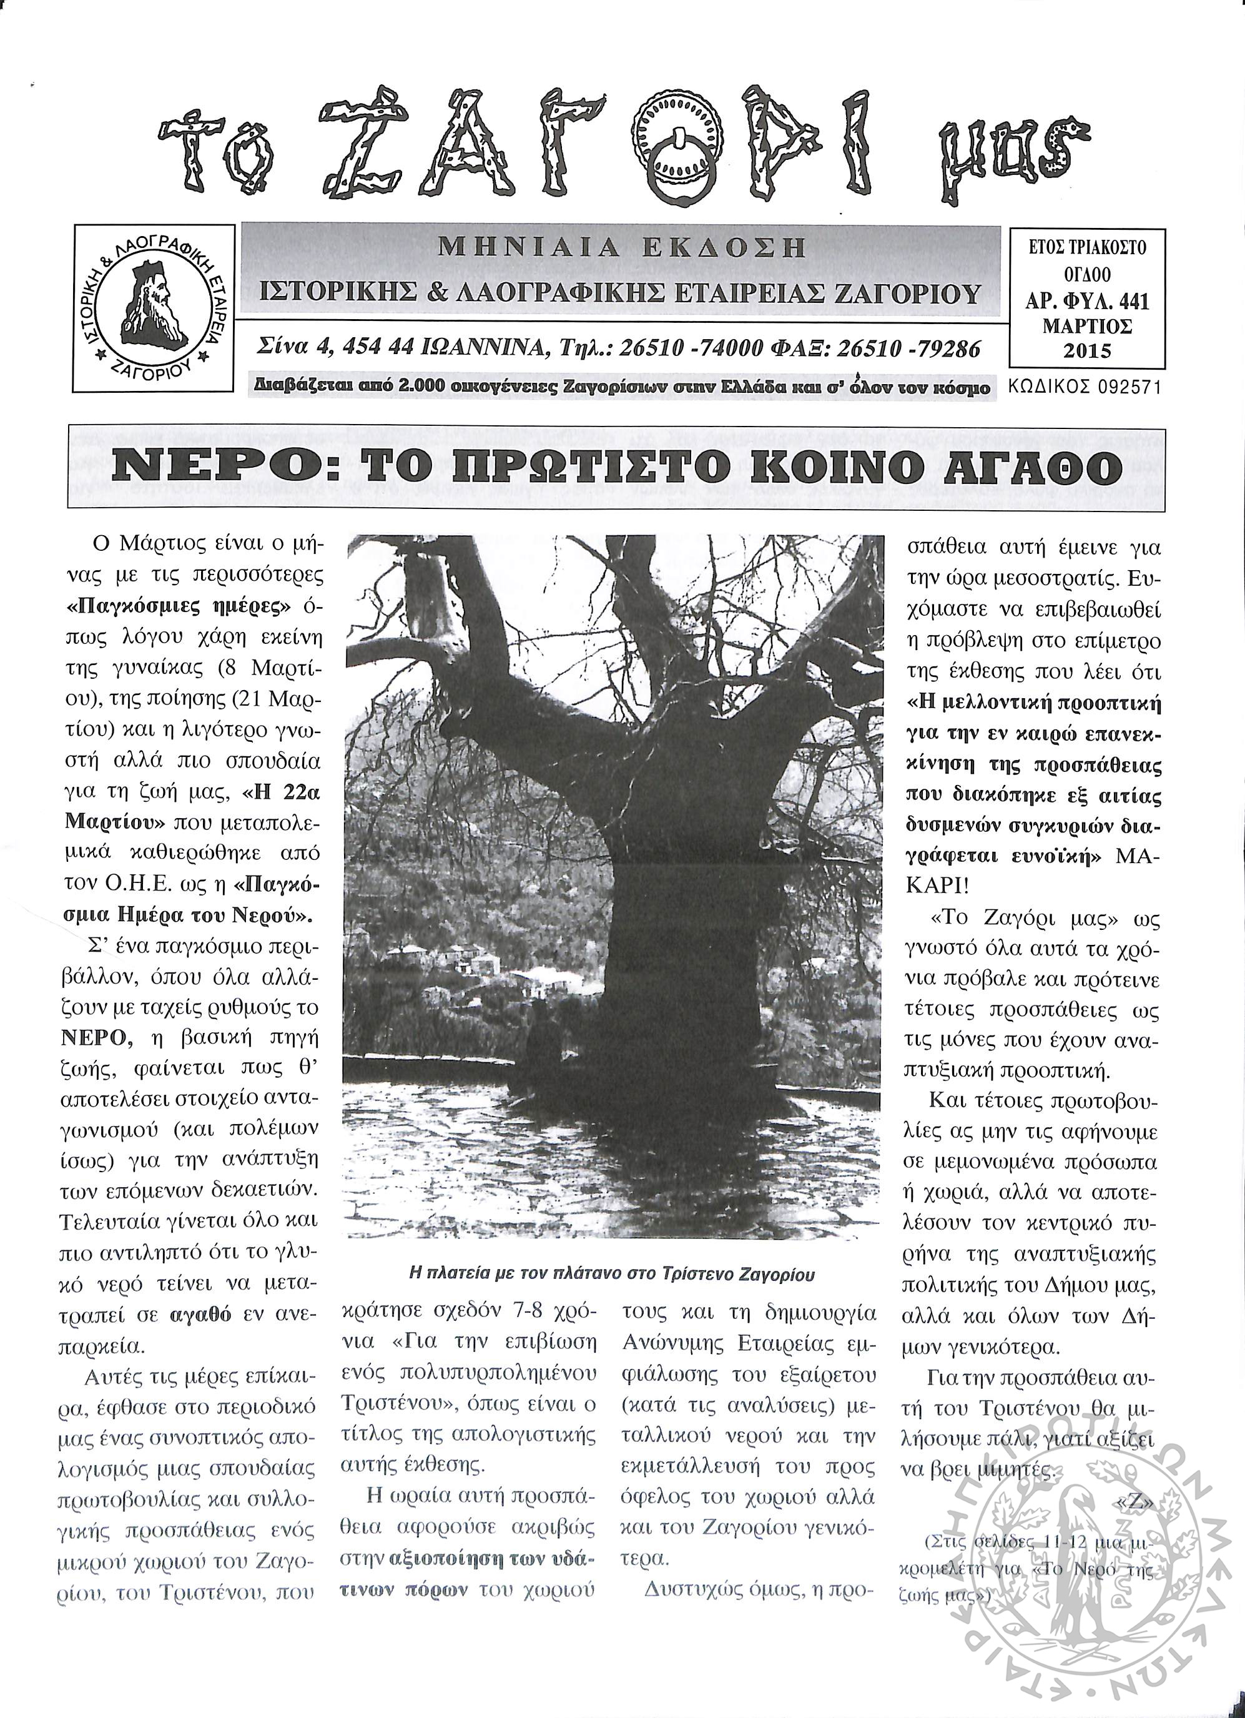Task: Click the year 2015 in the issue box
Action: [1087, 351]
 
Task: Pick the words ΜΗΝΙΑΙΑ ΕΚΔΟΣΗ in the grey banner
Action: [621, 248]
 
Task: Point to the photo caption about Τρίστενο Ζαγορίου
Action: [612, 1274]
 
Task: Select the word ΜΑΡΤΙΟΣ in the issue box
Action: [1087, 327]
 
